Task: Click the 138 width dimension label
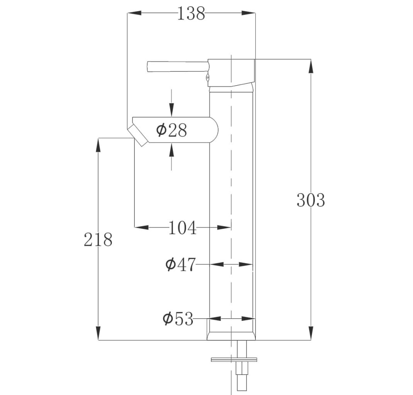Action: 191,14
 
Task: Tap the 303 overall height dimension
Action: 311,200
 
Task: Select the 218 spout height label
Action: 98,240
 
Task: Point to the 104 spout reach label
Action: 182,228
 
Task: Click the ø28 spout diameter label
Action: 172,130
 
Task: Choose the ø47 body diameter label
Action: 181,264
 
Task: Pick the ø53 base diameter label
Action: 178,319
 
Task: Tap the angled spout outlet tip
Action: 138,135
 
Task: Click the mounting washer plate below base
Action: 234,359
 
